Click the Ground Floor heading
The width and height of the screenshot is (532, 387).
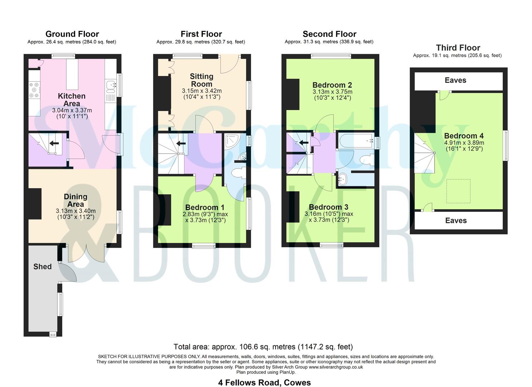(72, 34)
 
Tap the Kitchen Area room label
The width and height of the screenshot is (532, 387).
(72, 100)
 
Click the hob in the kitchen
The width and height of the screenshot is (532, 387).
(34, 90)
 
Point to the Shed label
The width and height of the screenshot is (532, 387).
(42, 267)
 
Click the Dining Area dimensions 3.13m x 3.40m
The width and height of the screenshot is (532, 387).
(76, 211)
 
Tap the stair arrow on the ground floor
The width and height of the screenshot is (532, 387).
(54, 143)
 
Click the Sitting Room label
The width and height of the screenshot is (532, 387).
(201, 80)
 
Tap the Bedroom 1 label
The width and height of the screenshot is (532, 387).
(205, 207)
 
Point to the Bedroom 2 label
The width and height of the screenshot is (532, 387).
(332, 85)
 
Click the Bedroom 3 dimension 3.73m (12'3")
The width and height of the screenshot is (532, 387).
(329, 220)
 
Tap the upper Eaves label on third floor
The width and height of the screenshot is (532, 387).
(455, 80)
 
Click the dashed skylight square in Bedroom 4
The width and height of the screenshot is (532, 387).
(458, 191)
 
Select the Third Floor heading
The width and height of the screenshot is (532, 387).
(458, 48)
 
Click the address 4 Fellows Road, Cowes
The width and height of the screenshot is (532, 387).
(264, 382)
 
